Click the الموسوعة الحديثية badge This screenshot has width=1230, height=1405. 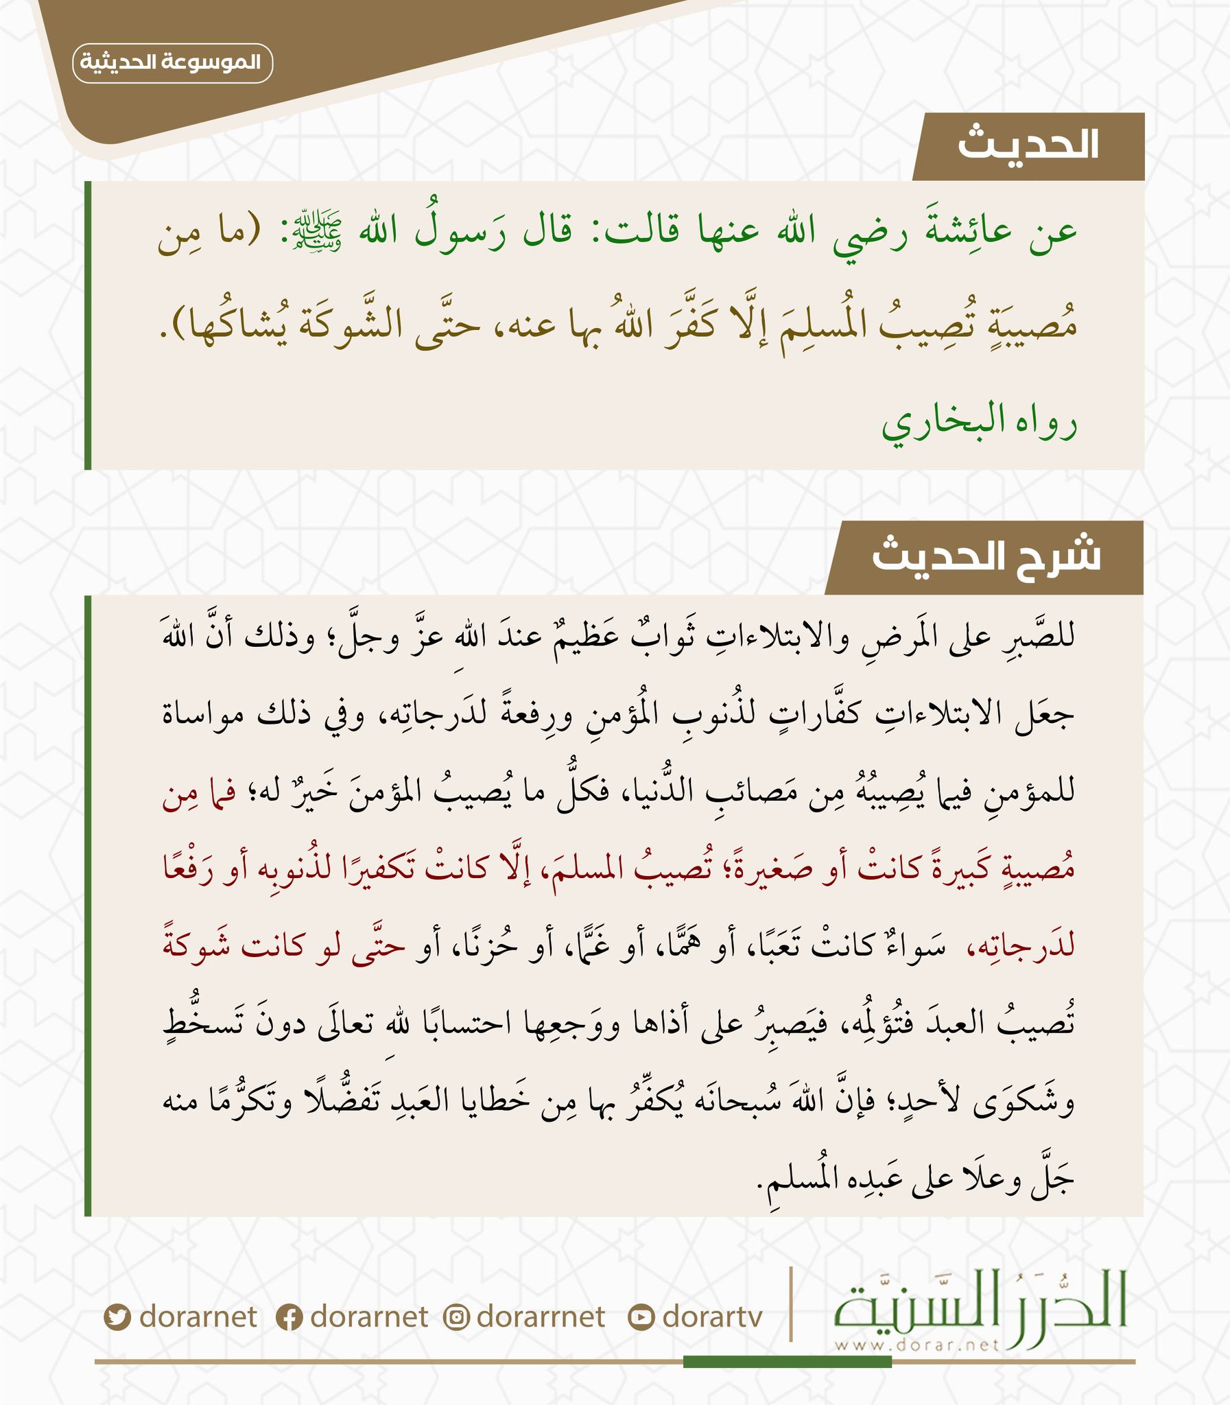click(x=172, y=62)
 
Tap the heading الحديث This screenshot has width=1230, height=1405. click(x=1028, y=145)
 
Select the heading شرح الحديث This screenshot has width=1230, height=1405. click(x=986, y=556)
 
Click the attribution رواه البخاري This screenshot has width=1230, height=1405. click(x=979, y=421)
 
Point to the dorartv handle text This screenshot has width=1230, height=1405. click(x=713, y=1317)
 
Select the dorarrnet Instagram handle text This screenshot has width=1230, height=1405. click(x=541, y=1317)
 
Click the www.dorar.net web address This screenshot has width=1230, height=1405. click(x=916, y=1345)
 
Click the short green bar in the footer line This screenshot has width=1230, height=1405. click(x=788, y=1362)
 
